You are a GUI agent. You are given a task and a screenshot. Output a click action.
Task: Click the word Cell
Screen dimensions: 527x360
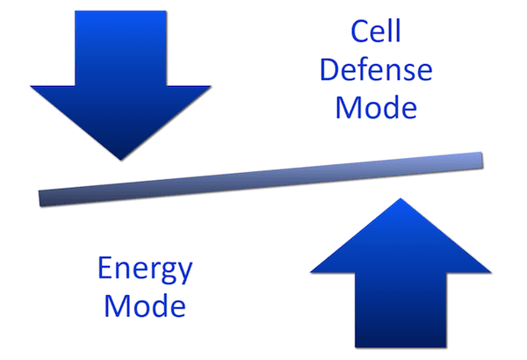(x=376, y=31)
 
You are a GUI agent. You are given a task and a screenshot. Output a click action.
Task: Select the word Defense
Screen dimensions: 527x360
(x=376, y=69)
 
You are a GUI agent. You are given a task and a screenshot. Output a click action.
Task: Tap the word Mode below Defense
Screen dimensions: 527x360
(x=376, y=107)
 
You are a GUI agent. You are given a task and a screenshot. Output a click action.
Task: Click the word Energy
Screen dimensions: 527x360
(x=145, y=269)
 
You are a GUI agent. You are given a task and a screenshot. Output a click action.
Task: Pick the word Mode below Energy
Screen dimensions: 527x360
(x=145, y=306)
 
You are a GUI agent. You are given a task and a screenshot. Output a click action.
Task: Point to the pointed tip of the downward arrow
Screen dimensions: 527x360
(x=121, y=160)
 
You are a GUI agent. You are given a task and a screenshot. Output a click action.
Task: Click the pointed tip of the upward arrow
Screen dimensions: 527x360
(x=401, y=198)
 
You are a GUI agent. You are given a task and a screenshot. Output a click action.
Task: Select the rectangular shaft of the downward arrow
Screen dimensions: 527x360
(x=120, y=48)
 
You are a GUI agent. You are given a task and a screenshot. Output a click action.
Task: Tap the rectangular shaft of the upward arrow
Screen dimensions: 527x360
(x=401, y=310)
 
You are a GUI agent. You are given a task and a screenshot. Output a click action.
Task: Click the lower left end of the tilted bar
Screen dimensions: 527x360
(x=40, y=198)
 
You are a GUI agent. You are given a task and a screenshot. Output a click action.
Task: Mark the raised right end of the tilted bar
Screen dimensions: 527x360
(x=482, y=160)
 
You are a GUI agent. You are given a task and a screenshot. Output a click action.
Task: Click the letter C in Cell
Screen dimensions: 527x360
(x=361, y=31)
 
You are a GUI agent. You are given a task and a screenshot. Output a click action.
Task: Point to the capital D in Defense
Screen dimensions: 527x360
(x=329, y=70)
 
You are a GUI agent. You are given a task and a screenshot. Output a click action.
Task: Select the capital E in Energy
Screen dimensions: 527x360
(x=105, y=268)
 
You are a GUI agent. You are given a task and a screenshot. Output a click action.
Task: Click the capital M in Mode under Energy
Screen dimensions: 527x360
(x=116, y=306)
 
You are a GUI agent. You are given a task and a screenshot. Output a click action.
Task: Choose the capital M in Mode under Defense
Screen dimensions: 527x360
(x=348, y=108)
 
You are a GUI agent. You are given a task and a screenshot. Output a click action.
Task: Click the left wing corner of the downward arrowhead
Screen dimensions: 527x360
(x=31, y=86)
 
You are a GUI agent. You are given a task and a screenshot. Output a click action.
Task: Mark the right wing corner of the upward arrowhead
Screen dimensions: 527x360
(x=491, y=272)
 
